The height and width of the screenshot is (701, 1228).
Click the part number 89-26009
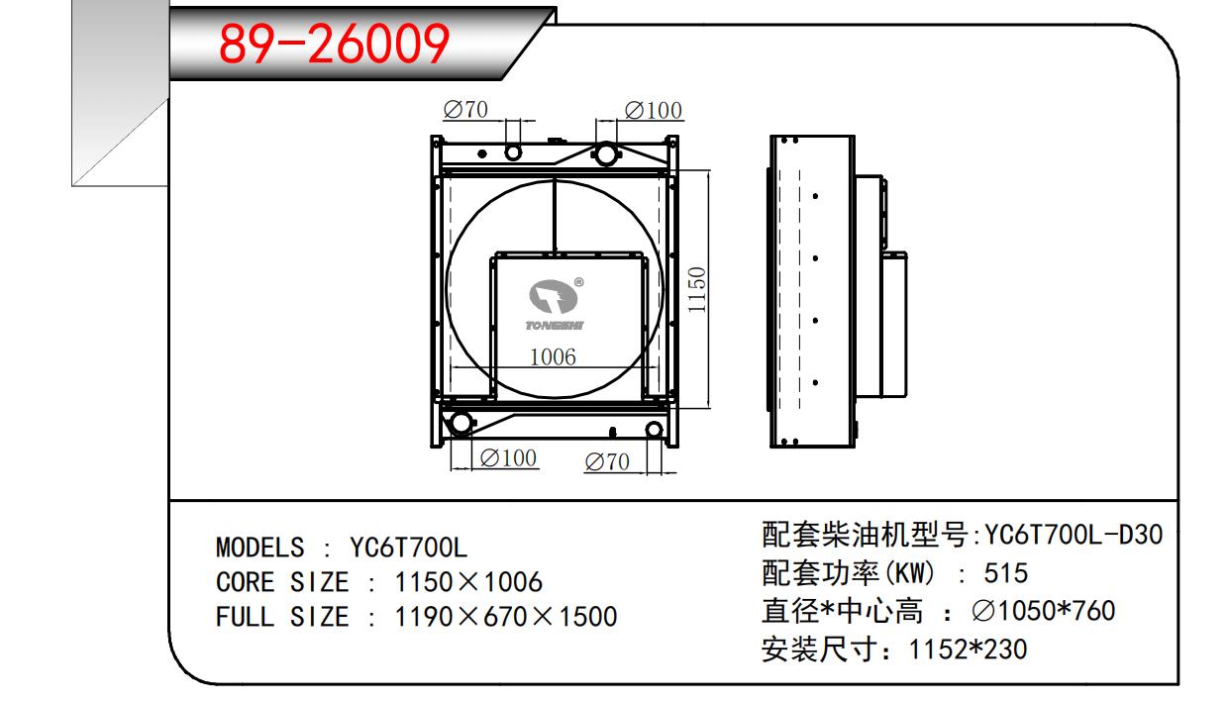pos(334,43)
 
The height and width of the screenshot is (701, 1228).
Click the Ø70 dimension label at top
pos(466,109)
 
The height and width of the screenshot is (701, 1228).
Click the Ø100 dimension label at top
pos(654,110)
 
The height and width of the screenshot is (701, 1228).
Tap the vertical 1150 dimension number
pos(697,290)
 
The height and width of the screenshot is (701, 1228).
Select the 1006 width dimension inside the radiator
pos(552,356)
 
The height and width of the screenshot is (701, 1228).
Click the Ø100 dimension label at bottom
pos(508,457)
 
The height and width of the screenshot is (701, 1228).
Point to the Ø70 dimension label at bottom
pos(607,461)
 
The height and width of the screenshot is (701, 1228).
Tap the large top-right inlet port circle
pos(605,152)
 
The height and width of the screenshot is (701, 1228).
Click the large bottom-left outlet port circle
pos(460,423)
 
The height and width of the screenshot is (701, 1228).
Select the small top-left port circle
pos(513,151)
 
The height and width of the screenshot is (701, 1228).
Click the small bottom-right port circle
pos(653,429)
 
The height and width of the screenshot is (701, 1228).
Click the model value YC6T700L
pos(408,548)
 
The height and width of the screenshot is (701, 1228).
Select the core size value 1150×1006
pos(468,582)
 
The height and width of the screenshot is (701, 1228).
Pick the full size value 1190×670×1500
pos(506,617)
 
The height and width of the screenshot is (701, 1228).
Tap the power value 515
pos(1006,573)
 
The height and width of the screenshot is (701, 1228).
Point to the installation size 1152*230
pos(968,649)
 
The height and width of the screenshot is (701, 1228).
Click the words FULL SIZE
pos(282,617)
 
